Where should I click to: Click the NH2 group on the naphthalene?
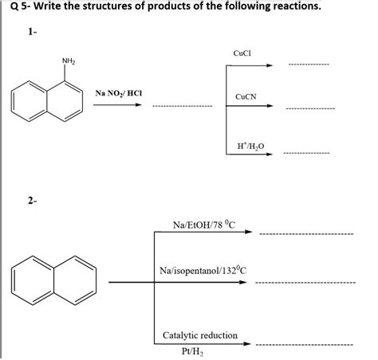tap(68, 62)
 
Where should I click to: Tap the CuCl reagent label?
tap(242, 53)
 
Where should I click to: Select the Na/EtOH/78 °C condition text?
tap(203, 223)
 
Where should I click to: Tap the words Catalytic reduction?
tap(199, 335)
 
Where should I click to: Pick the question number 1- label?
tap(32, 35)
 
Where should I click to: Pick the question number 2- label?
tap(32, 202)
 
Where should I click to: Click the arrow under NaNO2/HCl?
tap(116, 104)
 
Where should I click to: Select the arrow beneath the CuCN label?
tap(249, 108)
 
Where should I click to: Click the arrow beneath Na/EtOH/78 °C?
tap(203, 233)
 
